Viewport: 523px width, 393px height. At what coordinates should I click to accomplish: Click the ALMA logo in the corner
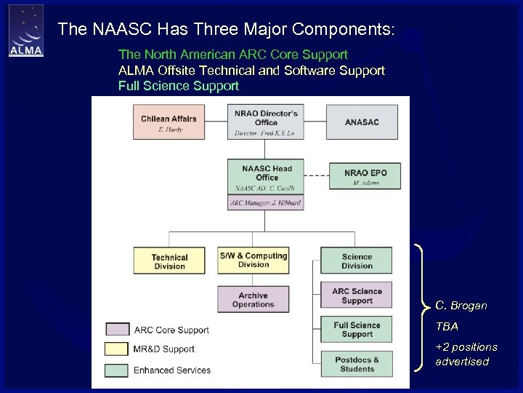click(x=26, y=31)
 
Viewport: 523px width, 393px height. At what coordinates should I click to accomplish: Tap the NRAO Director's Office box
click(x=266, y=122)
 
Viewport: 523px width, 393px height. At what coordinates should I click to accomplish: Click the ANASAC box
click(x=362, y=122)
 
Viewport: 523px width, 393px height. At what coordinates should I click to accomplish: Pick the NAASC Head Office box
click(x=266, y=177)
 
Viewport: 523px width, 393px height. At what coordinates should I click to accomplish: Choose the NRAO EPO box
click(x=365, y=177)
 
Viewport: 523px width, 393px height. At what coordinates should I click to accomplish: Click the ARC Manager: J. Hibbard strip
click(x=266, y=203)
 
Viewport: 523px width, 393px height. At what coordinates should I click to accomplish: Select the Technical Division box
click(x=169, y=261)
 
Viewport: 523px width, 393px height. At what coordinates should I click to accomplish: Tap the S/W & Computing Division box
click(x=254, y=260)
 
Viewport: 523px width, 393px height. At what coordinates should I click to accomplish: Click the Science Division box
click(x=357, y=261)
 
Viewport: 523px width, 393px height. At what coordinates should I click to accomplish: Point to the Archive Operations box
click(x=254, y=299)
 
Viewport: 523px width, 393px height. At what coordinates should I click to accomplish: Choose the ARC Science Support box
click(x=357, y=295)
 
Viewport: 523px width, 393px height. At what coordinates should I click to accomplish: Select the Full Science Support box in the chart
click(x=357, y=330)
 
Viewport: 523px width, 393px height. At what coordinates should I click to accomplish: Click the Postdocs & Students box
click(x=357, y=364)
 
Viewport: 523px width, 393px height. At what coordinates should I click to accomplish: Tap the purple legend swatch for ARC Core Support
click(x=118, y=330)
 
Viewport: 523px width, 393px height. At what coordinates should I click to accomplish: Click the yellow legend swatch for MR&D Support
click(x=118, y=349)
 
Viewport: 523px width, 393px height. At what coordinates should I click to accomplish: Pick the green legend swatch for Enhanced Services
click(x=118, y=370)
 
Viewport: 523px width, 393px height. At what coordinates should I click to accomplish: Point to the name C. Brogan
click(x=461, y=306)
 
